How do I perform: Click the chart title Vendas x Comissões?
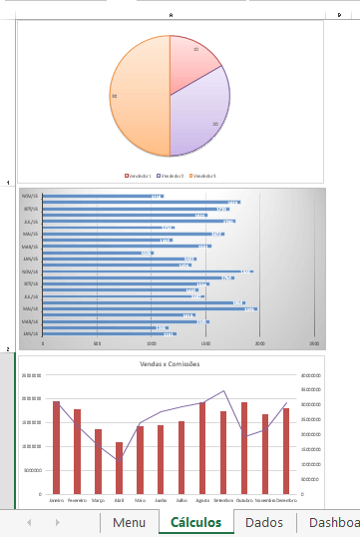(171, 364)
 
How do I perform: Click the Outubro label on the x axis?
(243, 500)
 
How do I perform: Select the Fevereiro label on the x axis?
(77, 500)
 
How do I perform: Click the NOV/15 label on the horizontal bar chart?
(30, 196)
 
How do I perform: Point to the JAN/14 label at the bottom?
(30, 334)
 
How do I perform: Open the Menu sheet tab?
(129, 522)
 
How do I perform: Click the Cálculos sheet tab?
(195, 522)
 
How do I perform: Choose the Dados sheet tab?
(263, 522)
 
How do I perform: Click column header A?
(171, 15)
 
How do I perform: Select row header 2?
(8, 350)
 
